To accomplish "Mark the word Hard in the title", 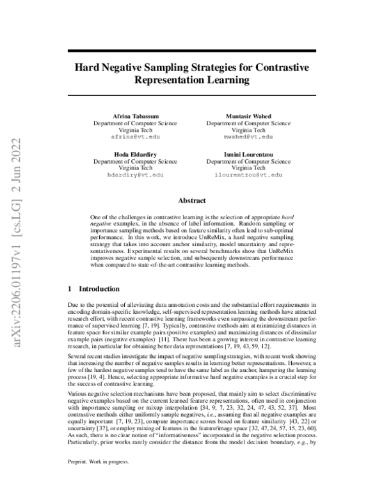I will [x=88, y=66].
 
